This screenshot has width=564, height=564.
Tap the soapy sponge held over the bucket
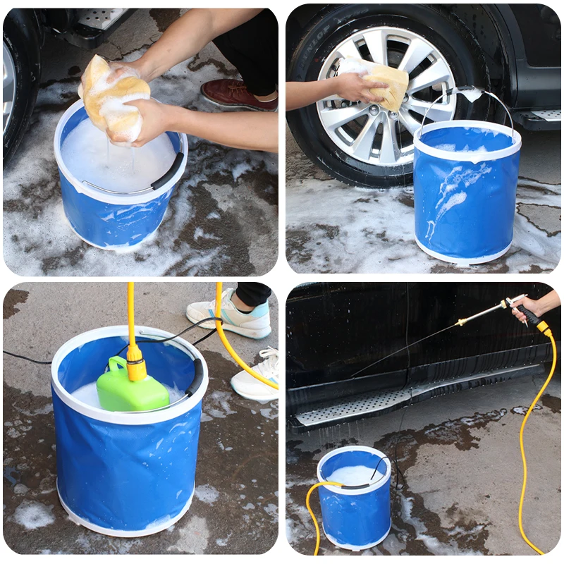(x=115, y=99)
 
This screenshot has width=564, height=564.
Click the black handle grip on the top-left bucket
(x=168, y=172)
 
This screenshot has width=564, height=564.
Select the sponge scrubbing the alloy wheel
(x=386, y=85)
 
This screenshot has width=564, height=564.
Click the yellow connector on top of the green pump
(x=135, y=367)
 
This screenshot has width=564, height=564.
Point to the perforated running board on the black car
(x=352, y=409)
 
